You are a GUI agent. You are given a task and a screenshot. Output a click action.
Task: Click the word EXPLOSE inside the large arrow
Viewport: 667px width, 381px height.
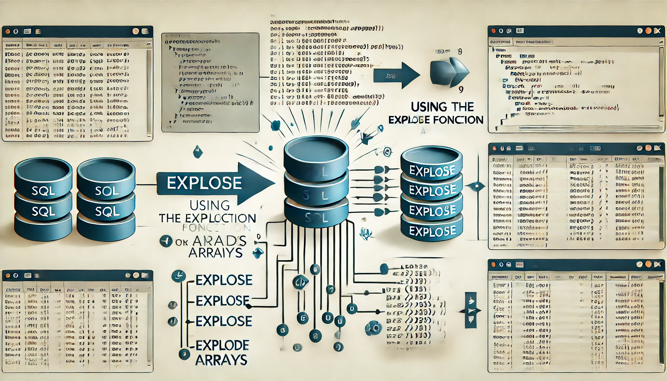204,183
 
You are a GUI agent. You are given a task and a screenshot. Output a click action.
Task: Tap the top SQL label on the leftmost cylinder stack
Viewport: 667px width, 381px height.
43,191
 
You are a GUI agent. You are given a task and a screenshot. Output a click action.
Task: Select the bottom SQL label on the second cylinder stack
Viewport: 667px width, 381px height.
107,212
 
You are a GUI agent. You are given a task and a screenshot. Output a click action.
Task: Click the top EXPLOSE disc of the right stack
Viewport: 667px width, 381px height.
432,171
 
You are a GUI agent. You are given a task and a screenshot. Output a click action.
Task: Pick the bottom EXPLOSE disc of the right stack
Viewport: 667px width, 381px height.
432,231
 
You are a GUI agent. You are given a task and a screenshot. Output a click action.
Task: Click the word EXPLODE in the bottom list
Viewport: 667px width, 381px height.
222,345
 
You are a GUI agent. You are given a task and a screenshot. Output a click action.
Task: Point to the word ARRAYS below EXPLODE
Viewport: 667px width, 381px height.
221,360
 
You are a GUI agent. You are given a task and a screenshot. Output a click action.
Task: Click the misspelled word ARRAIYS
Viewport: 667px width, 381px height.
216,253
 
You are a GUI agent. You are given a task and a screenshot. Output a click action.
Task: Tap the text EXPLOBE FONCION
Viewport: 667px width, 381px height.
435,120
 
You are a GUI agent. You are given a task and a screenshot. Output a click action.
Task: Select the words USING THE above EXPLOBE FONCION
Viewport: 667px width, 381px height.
442,107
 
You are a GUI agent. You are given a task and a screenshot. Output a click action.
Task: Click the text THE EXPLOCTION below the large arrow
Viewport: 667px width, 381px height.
207,218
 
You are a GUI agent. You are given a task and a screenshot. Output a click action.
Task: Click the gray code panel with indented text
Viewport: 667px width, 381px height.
210,82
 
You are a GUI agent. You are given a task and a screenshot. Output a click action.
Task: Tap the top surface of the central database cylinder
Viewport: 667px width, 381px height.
316,150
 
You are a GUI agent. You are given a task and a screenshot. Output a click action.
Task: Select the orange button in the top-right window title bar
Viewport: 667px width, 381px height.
648,31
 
